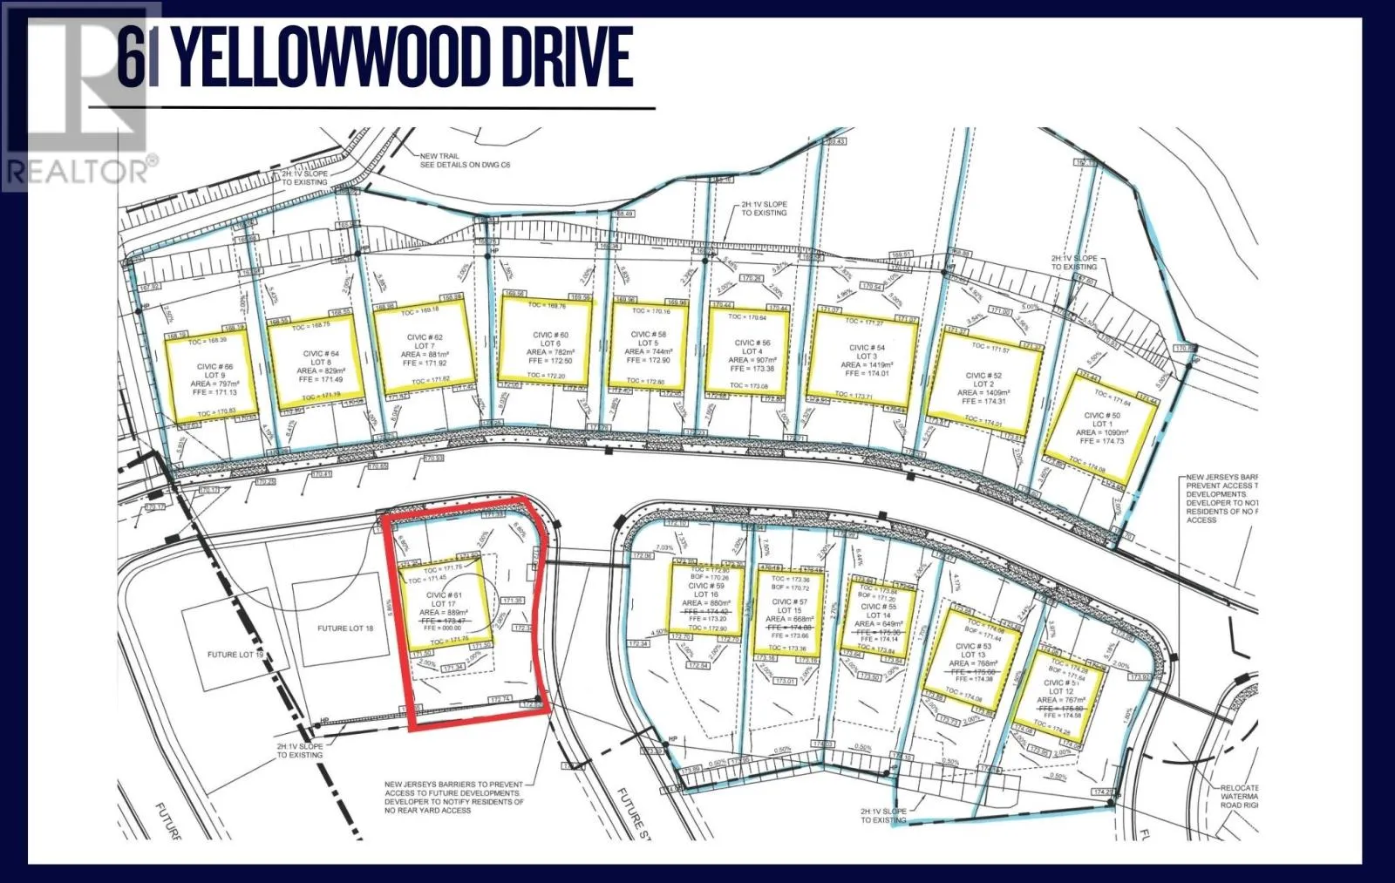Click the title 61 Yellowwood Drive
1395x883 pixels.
(x=375, y=58)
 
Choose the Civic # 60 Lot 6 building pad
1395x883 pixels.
(x=545, y=343)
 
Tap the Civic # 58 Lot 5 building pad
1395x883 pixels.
(x=648, y=345)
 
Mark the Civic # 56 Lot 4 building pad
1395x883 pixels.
(x=750, y=354)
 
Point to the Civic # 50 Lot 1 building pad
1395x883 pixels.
(x=1101, y=428)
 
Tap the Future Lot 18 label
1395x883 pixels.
(x=345, y=628)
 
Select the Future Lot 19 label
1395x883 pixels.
(x=235, y=655)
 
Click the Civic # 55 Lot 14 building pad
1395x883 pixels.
(x=877, y=615)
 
